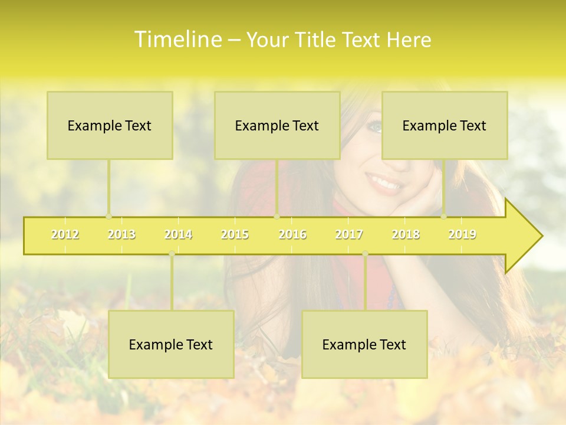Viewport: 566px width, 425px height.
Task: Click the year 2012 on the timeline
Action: (65, 234)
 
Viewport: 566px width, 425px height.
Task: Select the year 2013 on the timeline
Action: (121, 234)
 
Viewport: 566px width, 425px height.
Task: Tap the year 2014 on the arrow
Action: (178, 234)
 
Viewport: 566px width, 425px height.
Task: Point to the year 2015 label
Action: (235, 234)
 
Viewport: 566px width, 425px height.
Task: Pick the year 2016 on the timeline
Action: (292, 234)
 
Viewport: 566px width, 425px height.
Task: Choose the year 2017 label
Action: (349, 234)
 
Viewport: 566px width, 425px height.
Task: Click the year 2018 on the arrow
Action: (406, 234)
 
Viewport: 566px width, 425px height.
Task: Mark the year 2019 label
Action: (462, 234)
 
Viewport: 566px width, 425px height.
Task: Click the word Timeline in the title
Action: (177, 40)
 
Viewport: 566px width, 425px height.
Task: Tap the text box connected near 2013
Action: (110, 125)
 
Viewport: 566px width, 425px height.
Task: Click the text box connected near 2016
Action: (277, 125)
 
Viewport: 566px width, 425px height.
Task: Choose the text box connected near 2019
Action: (445, 125)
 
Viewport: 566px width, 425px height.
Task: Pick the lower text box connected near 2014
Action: (171, 344)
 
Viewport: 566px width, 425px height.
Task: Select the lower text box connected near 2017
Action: (364, 344)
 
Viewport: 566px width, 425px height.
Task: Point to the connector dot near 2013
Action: (108, 216)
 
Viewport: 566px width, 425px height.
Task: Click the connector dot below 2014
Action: (172, 254)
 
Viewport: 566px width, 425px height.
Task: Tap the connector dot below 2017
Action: (365, 254)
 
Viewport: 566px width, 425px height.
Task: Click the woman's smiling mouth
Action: (384, 183)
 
